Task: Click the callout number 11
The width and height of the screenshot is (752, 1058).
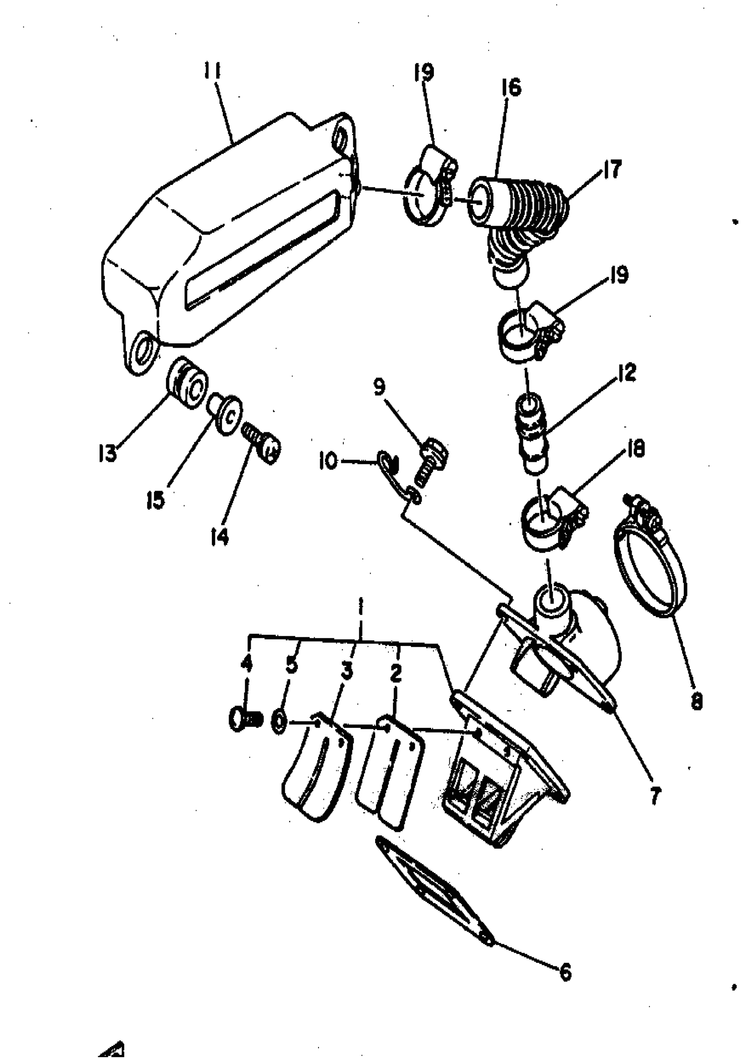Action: coord(212,72)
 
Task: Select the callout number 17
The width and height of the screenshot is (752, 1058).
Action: coord(612,169)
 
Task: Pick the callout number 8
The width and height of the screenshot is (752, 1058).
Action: coord(696,702)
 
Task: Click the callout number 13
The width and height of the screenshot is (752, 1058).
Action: coord(108,454)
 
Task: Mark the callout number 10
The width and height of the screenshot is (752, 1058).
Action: coord(328,462)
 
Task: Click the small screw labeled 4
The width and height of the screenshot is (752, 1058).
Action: coord(245,720)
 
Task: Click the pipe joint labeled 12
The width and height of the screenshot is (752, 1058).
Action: coord(533,432)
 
